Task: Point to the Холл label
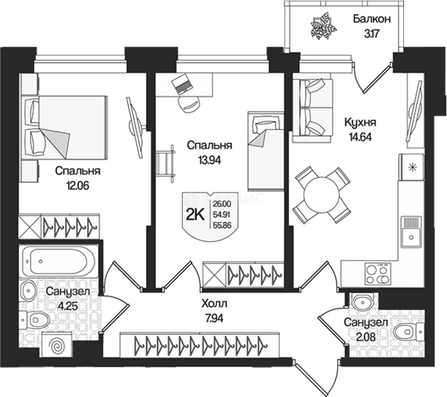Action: coord(214,303)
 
